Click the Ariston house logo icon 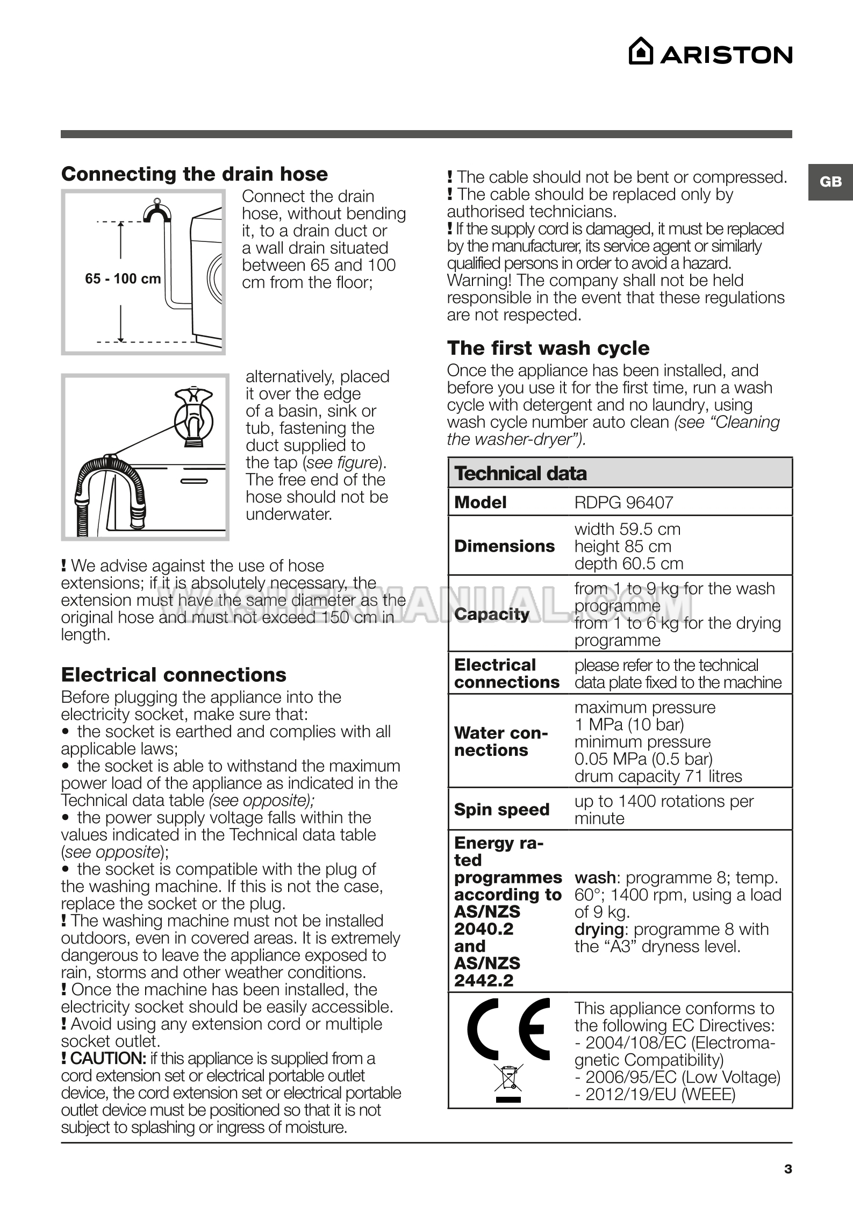click(x=641, y=52)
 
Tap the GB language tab click(x=830, y=182)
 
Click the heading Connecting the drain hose click(x=195, y=174)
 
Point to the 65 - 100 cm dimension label click(x=123, y=279)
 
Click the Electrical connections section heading click(x=174, y=675)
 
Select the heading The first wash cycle click(x=548, y=348)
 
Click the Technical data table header click(x=520, y=474)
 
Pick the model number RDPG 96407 click(x=623, y=503)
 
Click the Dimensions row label click(x=504, y=546)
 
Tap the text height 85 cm click(x=623, y=546)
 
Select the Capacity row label click(x=492, y=614)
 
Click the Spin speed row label click(x=501, y=810)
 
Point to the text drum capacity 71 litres click(x=658, y=776)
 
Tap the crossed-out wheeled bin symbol click(x=508, y=1079)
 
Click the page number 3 click(x=788, y=1169)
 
